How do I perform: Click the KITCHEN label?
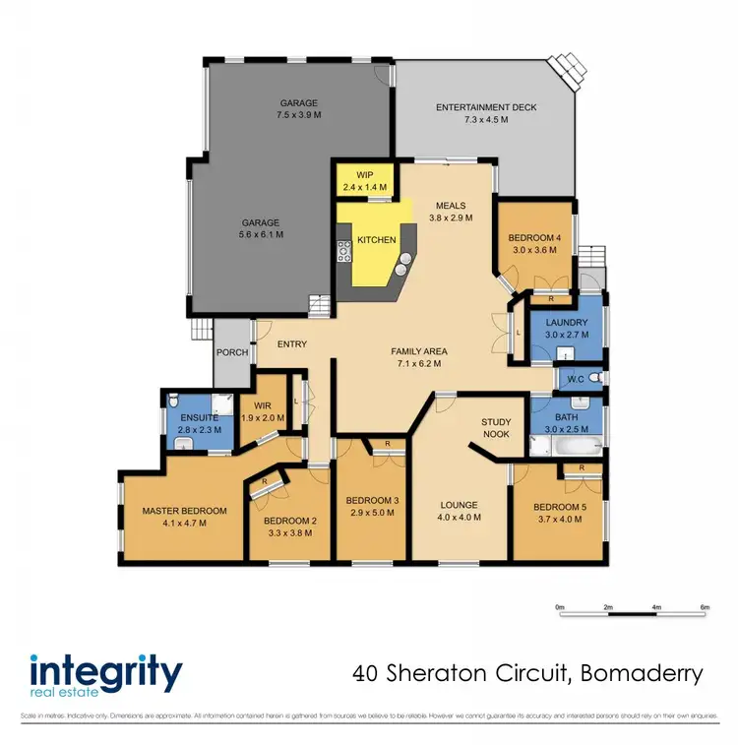(x=376, y=240)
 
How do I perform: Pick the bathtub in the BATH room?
(x=564, y=449)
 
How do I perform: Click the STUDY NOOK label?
(x=496, y=428)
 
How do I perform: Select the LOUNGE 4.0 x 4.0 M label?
(x=459, y=510)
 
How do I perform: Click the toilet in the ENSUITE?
(x=173, y=401)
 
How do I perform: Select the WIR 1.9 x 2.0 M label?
(x=262, y=411)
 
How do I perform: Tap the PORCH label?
(x=232, y=352)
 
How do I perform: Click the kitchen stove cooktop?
(x=345, y=251)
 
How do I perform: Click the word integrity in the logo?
(x=105, y=674)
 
